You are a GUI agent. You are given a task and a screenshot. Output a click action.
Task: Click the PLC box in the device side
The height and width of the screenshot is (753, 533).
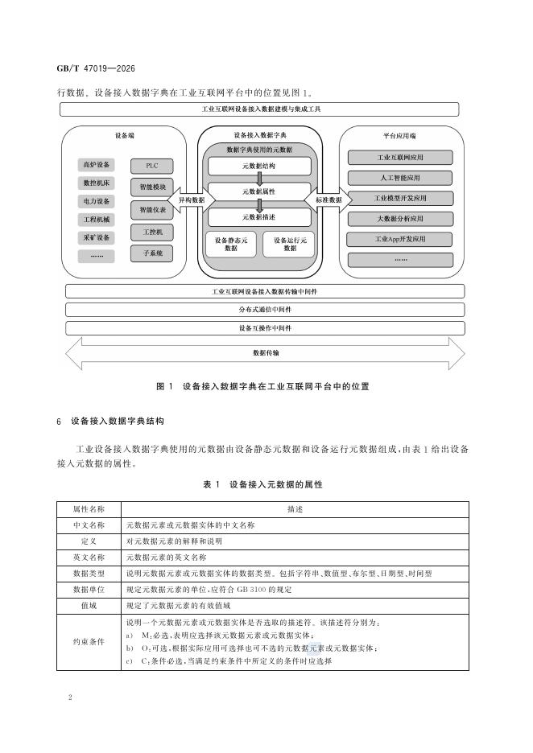[152, 167]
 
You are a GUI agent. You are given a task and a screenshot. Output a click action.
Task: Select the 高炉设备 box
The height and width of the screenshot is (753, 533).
[97, 165]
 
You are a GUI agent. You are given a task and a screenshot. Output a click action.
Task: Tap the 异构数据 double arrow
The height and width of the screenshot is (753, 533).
[192, 200]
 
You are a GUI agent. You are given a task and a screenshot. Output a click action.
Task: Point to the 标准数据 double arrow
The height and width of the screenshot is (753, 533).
[328, 200]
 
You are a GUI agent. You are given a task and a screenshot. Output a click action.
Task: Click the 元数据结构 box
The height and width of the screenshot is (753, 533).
[259, 167]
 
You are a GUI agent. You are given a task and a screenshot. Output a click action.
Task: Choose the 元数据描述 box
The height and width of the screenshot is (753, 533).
[259, 217]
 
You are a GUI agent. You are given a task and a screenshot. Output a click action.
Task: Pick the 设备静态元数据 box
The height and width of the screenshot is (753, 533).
[231, 245]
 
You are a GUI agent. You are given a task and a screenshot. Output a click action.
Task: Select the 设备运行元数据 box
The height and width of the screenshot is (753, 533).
[290, 245]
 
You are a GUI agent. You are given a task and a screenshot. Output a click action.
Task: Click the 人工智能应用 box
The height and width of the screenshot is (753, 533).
[400, 178]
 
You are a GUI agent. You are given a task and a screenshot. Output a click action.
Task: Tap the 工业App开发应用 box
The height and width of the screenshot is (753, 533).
[400, 239]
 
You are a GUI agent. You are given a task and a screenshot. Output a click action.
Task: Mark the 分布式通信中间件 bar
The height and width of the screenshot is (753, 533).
[265, 310]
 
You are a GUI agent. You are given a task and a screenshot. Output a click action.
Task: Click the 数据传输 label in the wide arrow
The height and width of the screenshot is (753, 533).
[266, 353]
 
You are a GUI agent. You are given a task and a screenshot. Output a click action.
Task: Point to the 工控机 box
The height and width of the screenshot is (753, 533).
[152, 232]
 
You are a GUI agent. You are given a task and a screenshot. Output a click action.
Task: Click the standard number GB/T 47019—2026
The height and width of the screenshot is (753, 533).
[96, 68]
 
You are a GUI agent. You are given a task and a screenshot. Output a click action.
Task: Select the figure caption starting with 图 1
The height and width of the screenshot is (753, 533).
[263, 386]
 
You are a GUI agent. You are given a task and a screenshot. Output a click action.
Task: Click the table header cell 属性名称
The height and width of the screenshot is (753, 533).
[89, 509]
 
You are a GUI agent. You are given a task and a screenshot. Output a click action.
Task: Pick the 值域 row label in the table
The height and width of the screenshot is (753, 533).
[89, 606]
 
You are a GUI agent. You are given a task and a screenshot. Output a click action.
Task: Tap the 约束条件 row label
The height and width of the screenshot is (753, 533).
[89, 642]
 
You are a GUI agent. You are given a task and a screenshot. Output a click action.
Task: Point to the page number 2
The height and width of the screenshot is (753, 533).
[70, 697]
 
